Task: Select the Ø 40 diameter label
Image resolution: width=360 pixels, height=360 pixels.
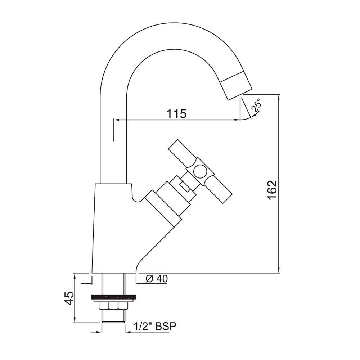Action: [157, 278]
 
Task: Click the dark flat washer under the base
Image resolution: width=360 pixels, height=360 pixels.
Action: [114, 297]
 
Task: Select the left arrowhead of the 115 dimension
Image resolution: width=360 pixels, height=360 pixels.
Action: [116, 120]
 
